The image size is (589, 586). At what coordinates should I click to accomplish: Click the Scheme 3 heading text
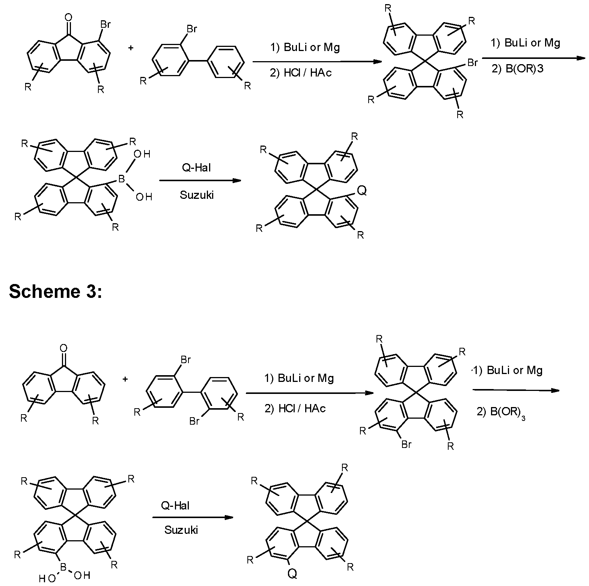click(55, 291)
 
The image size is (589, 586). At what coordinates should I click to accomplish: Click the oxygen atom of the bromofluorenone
click(68, 17)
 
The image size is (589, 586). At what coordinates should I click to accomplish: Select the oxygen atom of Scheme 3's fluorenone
click(64, 348)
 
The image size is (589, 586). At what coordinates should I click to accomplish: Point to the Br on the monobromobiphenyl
click(191, 29)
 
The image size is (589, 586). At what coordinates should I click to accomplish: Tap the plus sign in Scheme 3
click(125, 379)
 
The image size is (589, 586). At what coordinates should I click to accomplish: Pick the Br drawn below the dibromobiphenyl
click(194, 421)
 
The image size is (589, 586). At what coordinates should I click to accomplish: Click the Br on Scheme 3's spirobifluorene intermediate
click(406, 444)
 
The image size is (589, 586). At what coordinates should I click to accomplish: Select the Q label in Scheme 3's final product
click(292, 573)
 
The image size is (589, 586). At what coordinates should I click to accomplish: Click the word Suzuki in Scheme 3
click(181, 530)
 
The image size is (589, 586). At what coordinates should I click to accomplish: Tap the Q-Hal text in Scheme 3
click(175, 506)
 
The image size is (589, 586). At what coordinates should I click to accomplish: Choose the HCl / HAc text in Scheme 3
click(295, 408)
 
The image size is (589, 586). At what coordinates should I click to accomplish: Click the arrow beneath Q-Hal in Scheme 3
click(193, 518)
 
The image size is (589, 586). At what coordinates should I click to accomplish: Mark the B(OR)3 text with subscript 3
click(501, 412)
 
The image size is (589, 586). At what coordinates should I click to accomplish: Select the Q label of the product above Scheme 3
click(361, 191)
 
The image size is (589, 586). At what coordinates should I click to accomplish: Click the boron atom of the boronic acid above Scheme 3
click(121, 179)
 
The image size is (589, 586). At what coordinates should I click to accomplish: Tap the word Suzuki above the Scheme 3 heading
click(197, 195)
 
